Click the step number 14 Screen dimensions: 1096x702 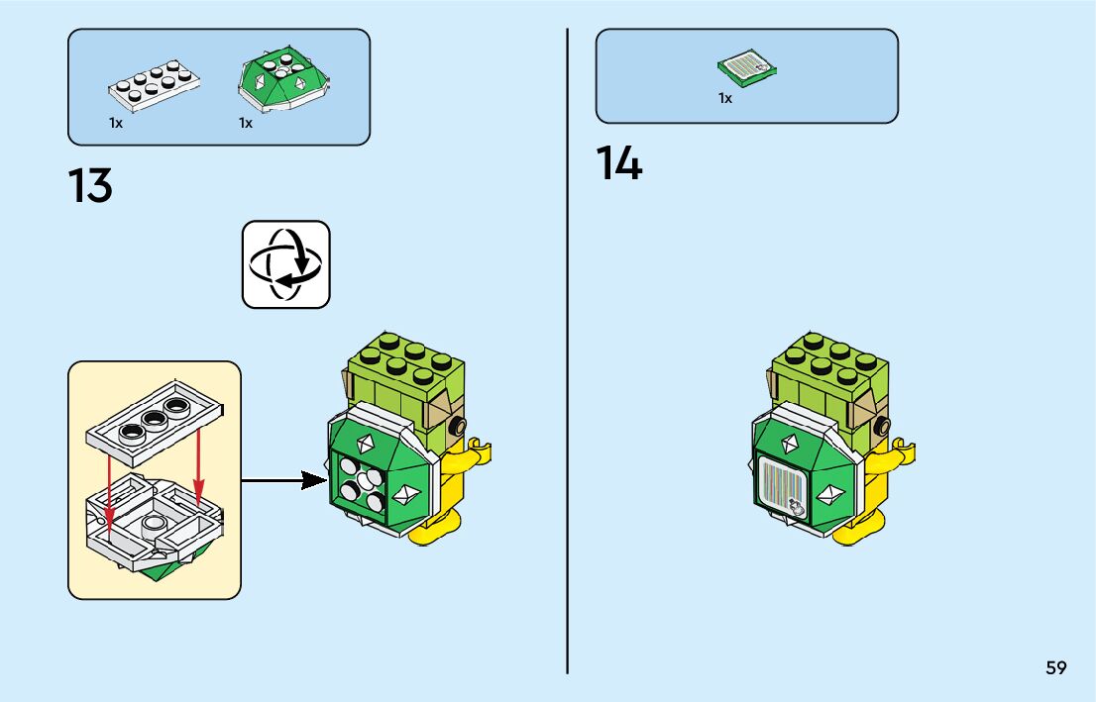click(619, 163)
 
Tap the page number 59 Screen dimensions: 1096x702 click(1055, 667)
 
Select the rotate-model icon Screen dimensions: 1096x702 click(285, 264)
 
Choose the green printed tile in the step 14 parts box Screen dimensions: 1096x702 click(746, 68)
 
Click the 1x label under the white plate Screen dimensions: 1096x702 click(116, 124)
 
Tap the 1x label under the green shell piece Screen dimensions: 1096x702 click(245, 124)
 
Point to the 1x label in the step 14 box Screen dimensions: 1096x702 click(725, 98)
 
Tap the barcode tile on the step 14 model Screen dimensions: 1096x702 click(782, 488)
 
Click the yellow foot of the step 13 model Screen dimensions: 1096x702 click(432, 529)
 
